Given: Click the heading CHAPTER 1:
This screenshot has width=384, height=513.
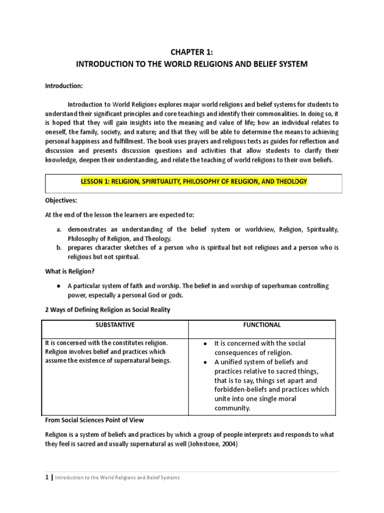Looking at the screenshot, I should [x=191, y=53].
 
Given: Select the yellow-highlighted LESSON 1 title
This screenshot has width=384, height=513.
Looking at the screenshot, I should [x=192, y=181].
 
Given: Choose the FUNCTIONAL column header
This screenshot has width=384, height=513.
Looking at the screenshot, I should [x=262, y=325].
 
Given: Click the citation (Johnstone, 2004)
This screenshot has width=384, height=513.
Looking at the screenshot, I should [x=197, y=443].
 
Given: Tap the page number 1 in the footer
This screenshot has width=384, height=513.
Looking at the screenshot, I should [x=47, y=477].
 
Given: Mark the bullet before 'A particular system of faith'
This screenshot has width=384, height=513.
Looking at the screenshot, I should [x=58, y=286].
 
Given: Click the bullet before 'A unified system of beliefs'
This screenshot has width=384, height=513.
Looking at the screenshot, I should [x=205, y=362].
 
